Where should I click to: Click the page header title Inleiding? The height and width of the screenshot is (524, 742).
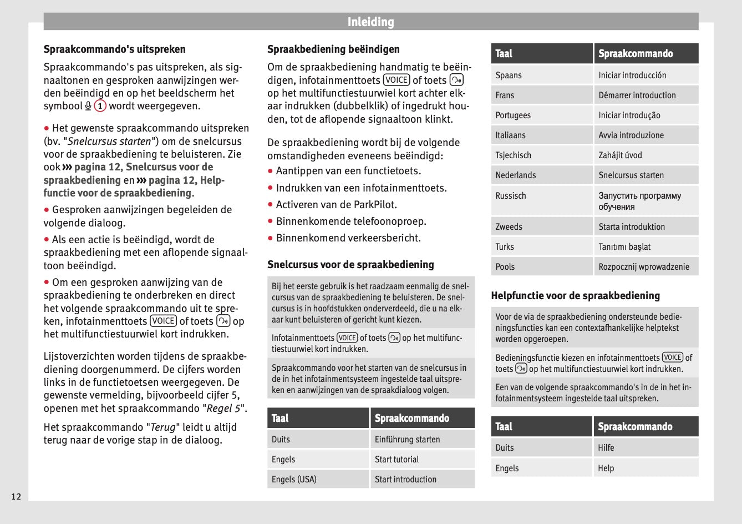370,22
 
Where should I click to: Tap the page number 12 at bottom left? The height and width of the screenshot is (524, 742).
16,496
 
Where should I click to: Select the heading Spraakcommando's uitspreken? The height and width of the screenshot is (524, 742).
114,49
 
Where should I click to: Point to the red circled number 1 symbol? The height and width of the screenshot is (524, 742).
100,106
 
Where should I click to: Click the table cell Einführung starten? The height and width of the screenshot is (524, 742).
407,439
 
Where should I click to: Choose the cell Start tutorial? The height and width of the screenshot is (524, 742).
397,459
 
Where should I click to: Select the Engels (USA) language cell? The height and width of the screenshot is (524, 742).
294,479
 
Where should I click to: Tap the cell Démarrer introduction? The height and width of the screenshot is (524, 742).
637,95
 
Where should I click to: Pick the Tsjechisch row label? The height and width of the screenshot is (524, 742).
513,155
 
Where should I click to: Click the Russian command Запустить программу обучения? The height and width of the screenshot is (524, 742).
639,201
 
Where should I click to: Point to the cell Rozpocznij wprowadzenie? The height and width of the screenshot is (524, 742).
643,266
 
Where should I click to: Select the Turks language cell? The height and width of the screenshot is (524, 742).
505,246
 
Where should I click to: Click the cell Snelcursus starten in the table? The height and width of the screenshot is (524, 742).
631,175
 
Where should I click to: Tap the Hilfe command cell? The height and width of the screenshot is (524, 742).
606,447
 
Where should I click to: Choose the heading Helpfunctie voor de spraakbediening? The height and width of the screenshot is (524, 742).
575,296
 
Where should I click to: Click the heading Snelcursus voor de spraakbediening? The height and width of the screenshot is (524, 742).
350,265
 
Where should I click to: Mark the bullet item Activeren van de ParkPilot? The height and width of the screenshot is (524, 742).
336,205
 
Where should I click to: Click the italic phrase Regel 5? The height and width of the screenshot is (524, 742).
223,409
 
